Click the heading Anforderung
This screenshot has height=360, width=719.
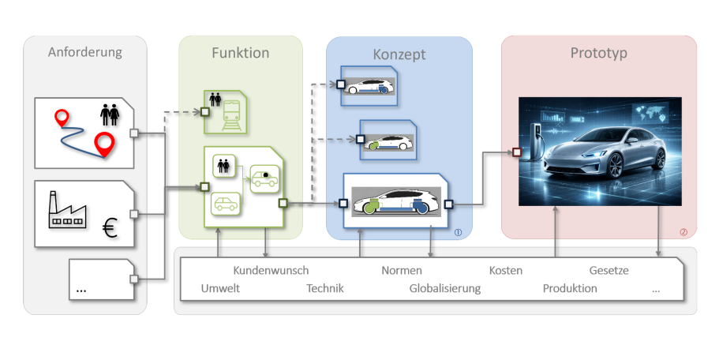click(x=85, y=53)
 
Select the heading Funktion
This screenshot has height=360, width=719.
click(x=240, y=53)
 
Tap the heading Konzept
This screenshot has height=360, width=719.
click(x=399, y=54)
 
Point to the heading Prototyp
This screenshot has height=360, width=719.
click(x=599, y=54)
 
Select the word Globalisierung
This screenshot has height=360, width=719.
click(x=444, y=288)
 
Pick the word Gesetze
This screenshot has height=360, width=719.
click(x=609, y=271)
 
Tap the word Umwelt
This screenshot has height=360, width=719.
click(x=220, y=288)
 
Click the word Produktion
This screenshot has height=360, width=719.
click(x=570, y=288)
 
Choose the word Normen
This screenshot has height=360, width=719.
click(x=402, y=271)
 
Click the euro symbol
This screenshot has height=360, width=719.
click(x=110, y=230)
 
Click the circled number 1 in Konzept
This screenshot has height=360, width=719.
click(x=459, y=232)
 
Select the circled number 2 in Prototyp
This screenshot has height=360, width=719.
click(x=683, y=232)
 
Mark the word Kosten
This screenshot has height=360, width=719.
click(x=505, y=271)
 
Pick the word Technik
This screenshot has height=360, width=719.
click(x=325, y=288)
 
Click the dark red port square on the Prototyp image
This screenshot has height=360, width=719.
click(x=516, y=152)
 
